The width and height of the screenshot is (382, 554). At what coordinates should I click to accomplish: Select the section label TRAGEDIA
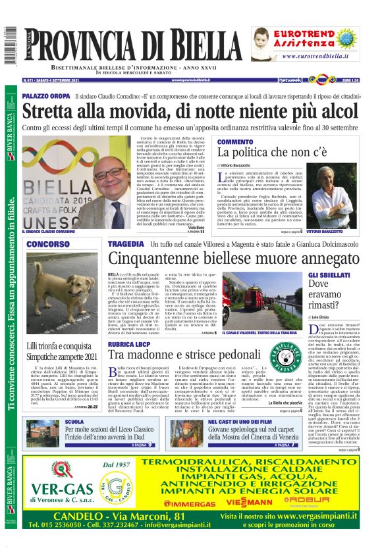(x=125, y=244)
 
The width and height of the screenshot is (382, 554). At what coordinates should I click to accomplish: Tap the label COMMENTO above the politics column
(x=235, y=141)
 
